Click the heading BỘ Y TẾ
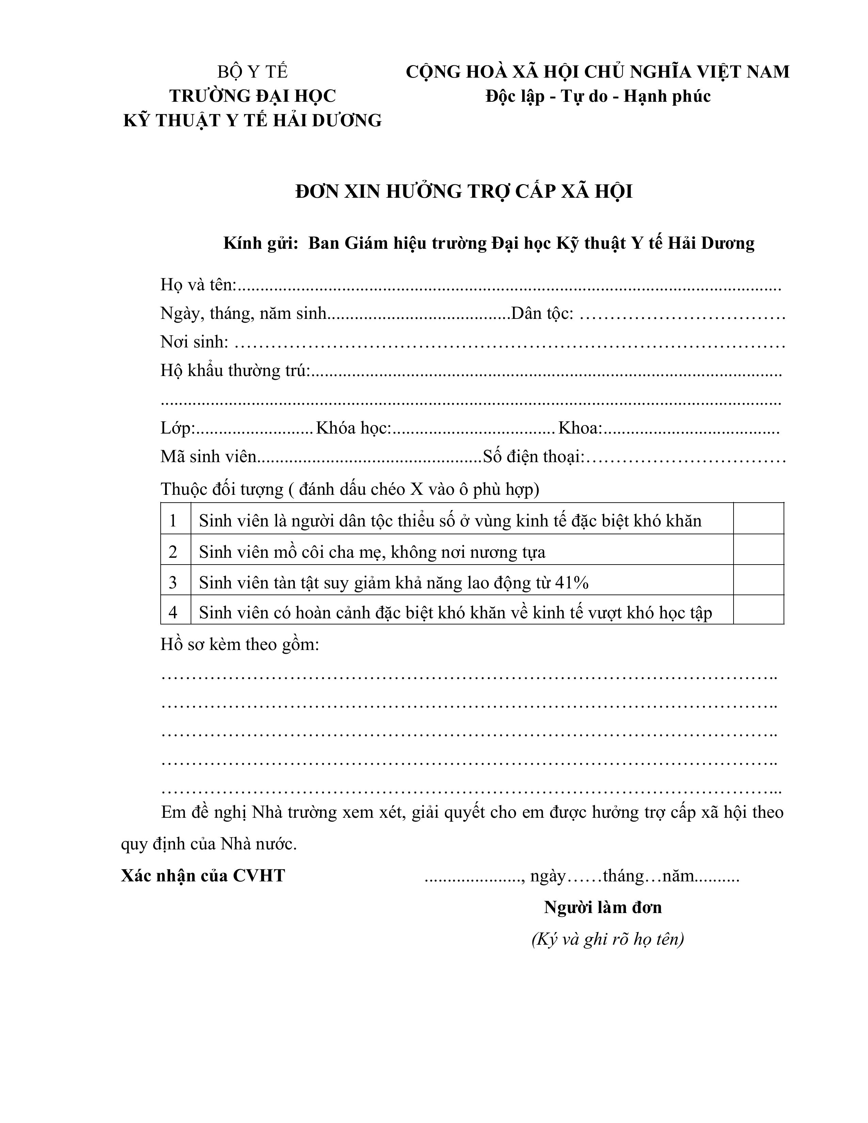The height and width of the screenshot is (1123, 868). [x=253, y=71]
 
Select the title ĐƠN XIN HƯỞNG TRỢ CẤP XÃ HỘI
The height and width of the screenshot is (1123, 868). [x=464, y=191]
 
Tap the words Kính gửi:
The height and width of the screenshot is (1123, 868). [x=261, y=243]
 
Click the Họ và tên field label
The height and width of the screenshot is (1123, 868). [x=198, y=284]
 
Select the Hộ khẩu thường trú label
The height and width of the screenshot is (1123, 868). [x=235, y=371]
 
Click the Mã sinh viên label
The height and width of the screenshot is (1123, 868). [x=208, y=457]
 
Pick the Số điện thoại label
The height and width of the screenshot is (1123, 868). [x=533, y=457]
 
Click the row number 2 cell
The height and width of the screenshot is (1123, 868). [x=173, y=552]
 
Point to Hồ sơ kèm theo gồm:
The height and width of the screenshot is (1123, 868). [x=240, y=644]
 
